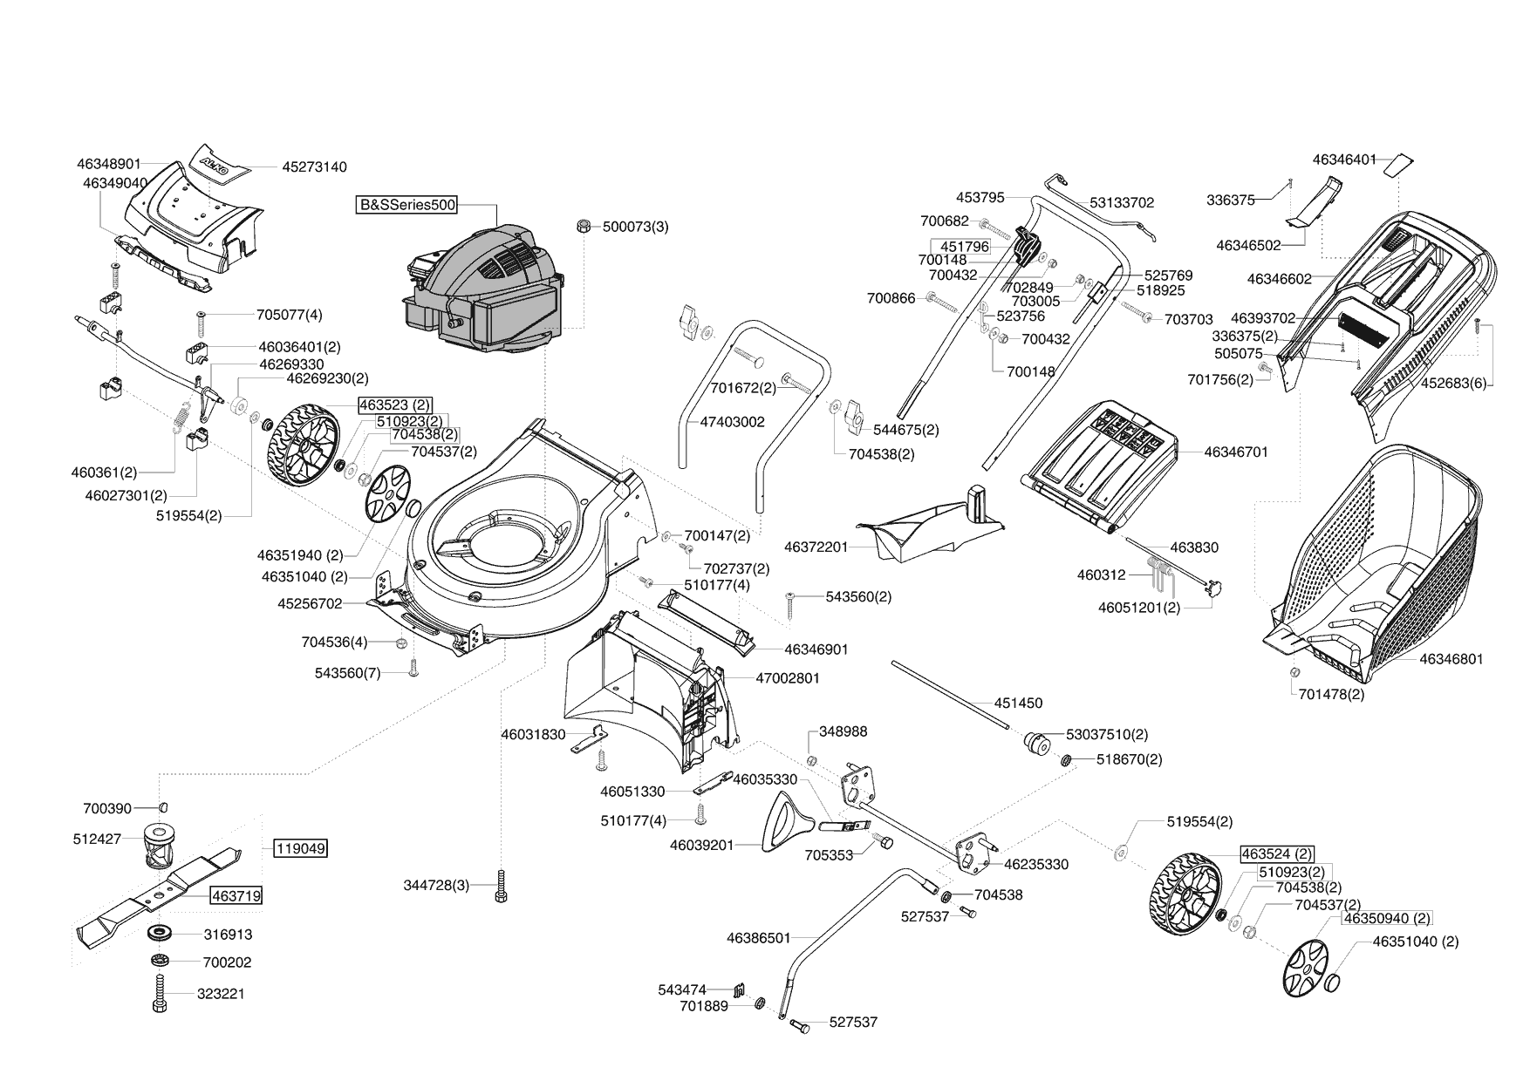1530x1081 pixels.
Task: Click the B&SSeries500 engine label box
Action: tap(407, 206)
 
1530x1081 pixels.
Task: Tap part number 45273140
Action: tap(314, 167)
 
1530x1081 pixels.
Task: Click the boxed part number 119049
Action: tap(301, 847)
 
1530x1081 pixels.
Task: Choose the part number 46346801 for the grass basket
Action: tap(1451, 659)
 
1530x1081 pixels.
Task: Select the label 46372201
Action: tap(816, 547)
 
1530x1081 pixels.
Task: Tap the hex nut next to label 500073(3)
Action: tap(582, 227)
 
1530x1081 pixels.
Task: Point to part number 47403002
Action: tap(732, 422)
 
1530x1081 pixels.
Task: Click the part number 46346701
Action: tap(1235, 452)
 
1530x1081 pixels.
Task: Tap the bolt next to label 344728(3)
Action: tap(500, 886)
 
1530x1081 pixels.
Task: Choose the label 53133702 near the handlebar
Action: tap(1121, 202)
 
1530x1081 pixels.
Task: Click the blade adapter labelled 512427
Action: tap(158, 845)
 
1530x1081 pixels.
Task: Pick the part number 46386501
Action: tap(758, 938)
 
